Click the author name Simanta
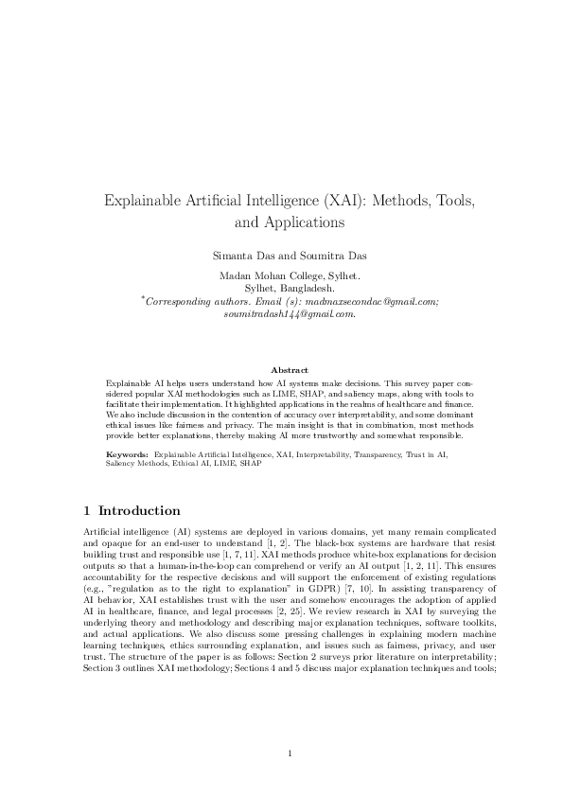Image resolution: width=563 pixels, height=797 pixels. coord(236,257)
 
